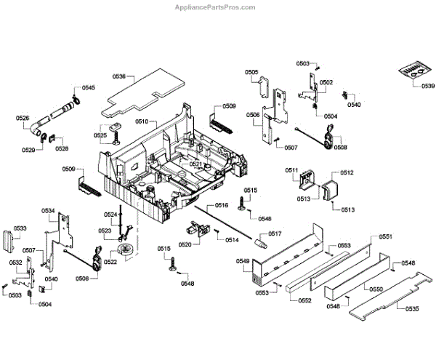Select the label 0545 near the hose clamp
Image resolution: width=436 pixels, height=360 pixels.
coord(88,88)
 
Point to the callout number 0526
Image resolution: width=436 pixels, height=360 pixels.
coord(23,118)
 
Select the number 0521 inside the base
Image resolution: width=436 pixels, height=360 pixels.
coord(196,164)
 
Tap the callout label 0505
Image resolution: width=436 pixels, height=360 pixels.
coord(251,72)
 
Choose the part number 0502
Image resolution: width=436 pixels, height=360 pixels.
coord(326,83)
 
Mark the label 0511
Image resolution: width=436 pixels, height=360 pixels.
coord(291,170)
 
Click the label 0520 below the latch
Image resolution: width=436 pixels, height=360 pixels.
coord(185,244)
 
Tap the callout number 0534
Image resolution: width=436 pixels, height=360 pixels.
coord(48,212)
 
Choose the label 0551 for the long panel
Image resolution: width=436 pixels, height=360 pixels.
coord(385,237)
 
